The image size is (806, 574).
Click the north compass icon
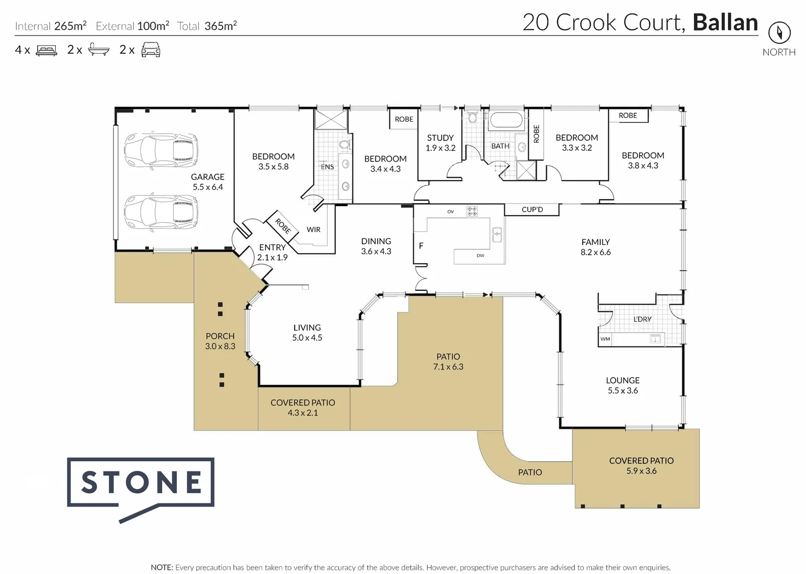[779, 33]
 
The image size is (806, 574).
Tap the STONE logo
[141, 483]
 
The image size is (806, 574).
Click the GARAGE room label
[208, 177]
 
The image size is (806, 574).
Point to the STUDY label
[440, 138]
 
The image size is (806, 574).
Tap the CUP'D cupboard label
[532, 209]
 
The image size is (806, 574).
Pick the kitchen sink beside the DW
[497, 234]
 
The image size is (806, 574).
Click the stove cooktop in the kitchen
[472, 211]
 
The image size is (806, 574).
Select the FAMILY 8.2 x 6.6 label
[596, 247]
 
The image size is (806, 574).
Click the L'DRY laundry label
[642, 319]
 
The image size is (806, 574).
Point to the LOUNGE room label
[623, 381]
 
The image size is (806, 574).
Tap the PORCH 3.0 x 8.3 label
[220, 341]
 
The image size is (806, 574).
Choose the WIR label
[313, 230]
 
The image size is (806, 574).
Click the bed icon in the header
[46, 50]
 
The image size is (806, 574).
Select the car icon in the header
[151, 50]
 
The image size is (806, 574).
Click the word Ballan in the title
[725, 23]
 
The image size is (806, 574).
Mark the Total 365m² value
[220, 26]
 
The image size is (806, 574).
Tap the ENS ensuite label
[328, 167]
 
